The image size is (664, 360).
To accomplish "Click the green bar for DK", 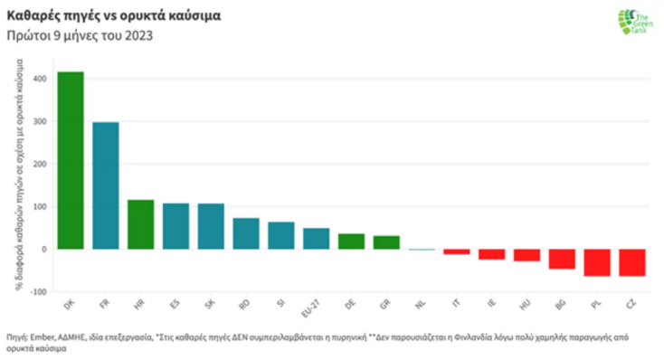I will (71, 160).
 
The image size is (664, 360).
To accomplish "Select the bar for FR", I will (106, 185).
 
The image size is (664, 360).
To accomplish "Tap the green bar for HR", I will (141, 224).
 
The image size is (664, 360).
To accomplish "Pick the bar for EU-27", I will (316, 238).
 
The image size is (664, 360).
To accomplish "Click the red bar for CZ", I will (632, 262).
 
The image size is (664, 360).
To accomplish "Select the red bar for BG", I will (562, 259).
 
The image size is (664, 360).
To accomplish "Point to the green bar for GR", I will (386, 242).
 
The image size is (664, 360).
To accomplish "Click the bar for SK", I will (211, 226).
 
